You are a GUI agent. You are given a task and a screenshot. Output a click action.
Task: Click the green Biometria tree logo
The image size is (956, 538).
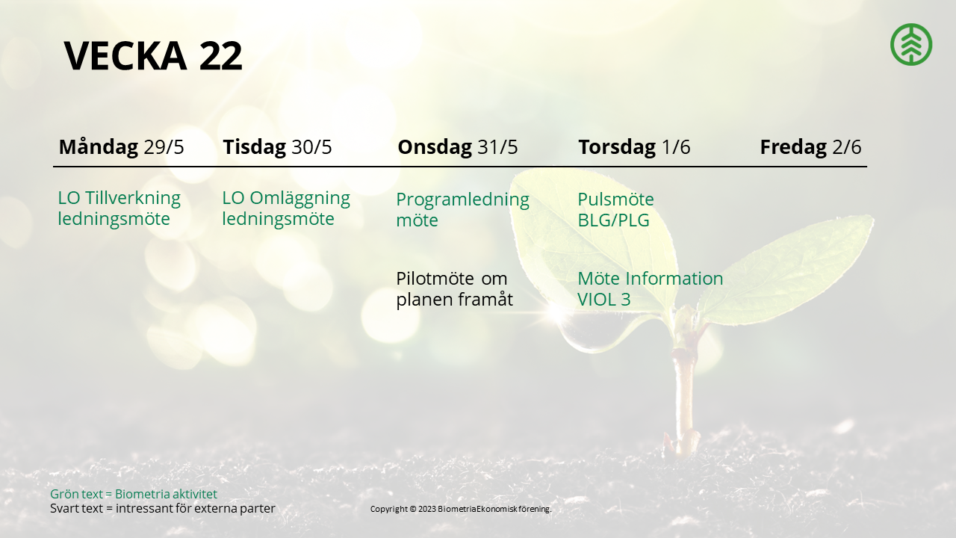point(911,44)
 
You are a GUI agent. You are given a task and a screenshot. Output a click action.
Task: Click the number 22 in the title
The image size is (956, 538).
point(220,55)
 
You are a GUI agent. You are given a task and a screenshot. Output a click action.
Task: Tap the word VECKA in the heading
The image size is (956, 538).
point(125,55)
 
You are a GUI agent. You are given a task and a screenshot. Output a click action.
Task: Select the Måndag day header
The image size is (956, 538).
point(99,146)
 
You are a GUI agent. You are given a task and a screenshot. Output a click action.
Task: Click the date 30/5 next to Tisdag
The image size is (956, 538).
point(311,147)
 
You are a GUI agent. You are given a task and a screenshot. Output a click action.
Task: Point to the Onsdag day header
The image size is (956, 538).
point(435,147)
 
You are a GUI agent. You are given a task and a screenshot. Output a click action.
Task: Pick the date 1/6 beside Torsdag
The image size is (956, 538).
point(676,147)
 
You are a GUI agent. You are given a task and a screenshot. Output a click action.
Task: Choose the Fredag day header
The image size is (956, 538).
point(793,147)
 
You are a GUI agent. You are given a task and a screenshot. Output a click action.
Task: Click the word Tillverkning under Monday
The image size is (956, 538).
point(133,198)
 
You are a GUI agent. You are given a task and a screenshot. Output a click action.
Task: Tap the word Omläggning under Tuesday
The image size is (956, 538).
point(299,198)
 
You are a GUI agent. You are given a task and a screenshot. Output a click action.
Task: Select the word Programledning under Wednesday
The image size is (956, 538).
point(462,200)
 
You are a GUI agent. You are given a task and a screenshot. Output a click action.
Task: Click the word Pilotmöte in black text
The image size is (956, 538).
point(435,279)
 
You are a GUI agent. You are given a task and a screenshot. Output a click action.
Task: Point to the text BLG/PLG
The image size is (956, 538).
point(613,220)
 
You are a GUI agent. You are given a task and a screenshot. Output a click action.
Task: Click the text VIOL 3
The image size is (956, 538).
point(604,300)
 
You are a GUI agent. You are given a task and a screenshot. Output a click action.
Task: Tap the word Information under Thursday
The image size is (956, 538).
point(674,279)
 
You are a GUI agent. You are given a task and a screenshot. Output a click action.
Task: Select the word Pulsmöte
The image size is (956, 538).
point(615,200)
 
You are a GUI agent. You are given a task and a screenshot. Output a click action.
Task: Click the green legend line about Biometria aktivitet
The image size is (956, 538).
point(134,494)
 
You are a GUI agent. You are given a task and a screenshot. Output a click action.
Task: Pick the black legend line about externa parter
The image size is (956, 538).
point(163,508)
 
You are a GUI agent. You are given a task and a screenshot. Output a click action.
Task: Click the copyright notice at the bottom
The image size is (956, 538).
point(461,509)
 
